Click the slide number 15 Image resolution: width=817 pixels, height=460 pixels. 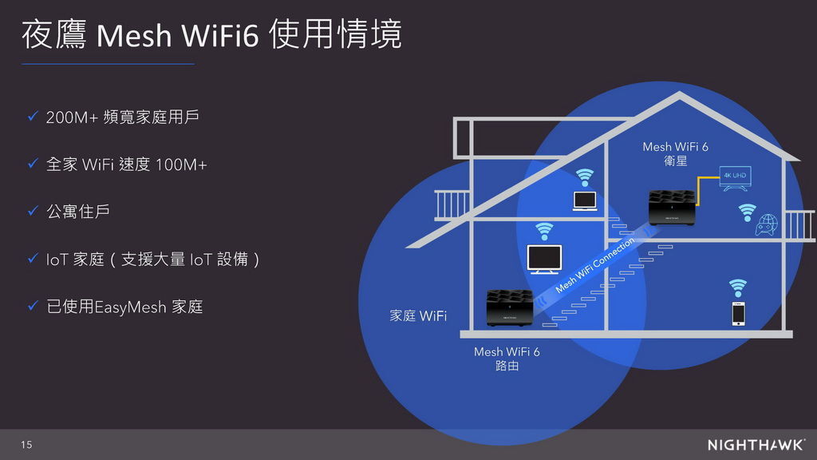point(26,445)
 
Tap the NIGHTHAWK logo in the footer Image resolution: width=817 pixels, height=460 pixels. point(756,445)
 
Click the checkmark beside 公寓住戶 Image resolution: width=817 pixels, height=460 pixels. point(33,211)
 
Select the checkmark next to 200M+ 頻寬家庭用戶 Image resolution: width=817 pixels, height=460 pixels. point(33,116)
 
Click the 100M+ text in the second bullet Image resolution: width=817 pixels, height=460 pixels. point(181,165)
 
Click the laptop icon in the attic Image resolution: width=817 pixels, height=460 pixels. point(585,201)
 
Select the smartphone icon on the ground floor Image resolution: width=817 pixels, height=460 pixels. point(738,313)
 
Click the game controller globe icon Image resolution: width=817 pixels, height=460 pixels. point(767,224)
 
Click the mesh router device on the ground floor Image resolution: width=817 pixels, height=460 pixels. point(510,308)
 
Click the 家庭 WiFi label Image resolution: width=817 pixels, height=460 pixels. point(418,315)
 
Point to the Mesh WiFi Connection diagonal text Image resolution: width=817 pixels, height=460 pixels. point(594,265)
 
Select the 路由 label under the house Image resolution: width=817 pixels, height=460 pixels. point(507,366)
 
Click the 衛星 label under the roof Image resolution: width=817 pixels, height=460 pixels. point(675,161)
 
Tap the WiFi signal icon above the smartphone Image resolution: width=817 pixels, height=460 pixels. point(738,287)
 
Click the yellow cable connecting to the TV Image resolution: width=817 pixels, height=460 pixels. point(705,188)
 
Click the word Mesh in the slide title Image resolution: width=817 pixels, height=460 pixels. point(134,35)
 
